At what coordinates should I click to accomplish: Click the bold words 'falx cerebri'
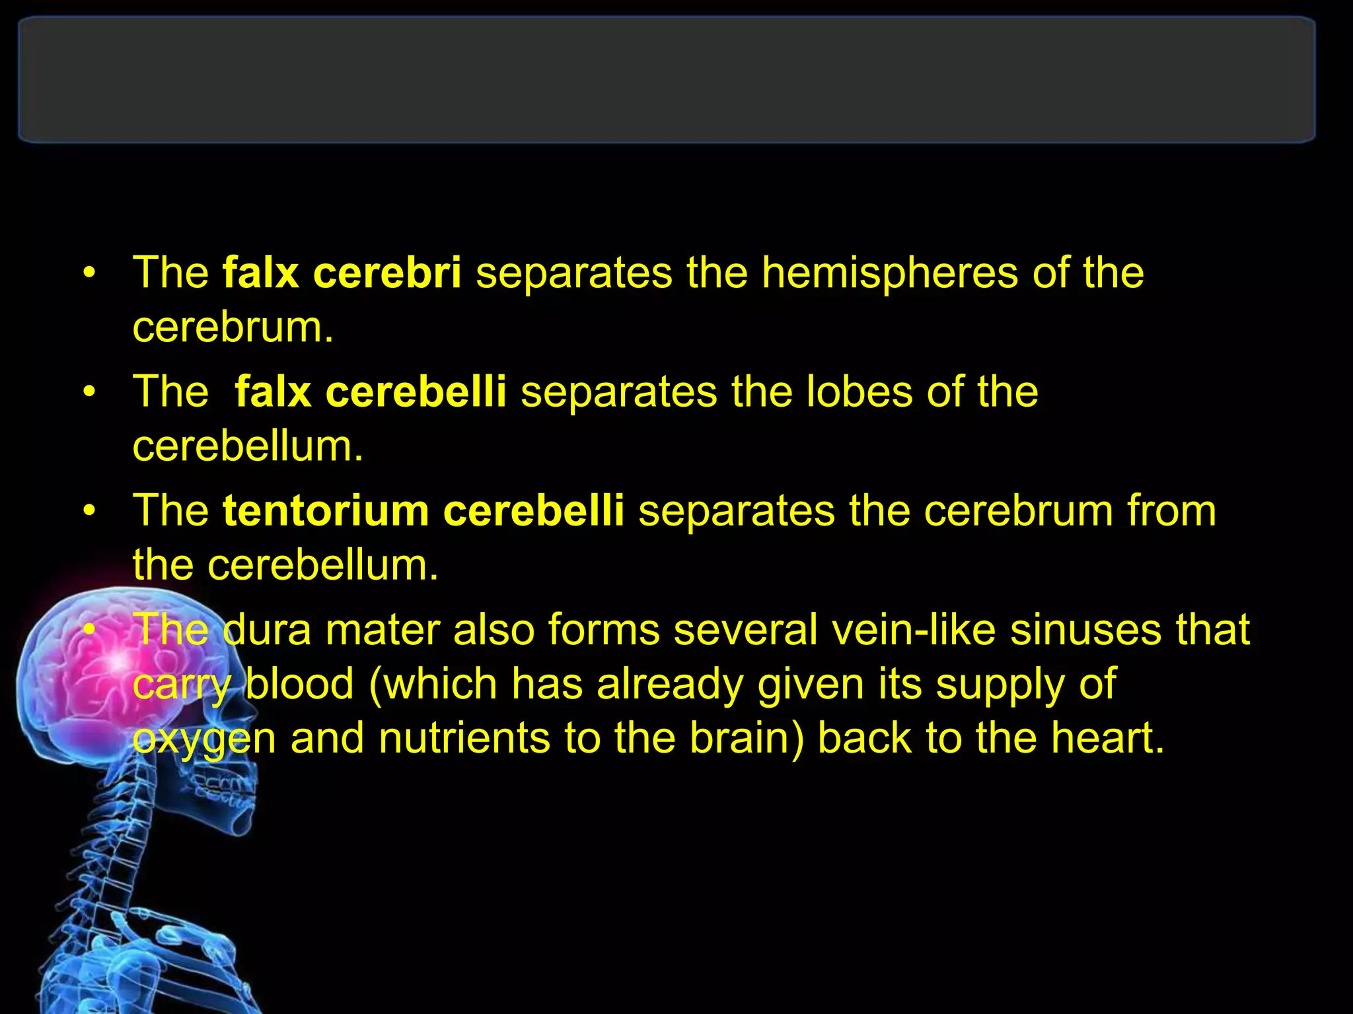[342, 273]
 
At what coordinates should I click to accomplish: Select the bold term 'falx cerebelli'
[370, 391]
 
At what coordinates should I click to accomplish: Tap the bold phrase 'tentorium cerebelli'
[423, 511]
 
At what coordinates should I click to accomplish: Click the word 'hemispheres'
[889, 273]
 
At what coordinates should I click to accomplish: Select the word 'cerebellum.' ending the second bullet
[248, 446]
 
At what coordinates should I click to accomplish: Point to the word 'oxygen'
[203, 738]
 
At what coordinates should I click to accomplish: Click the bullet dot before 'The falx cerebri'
[90, 273]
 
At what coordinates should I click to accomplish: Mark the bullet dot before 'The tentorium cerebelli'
[90, 512]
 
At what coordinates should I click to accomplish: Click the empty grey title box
[666, 80]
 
